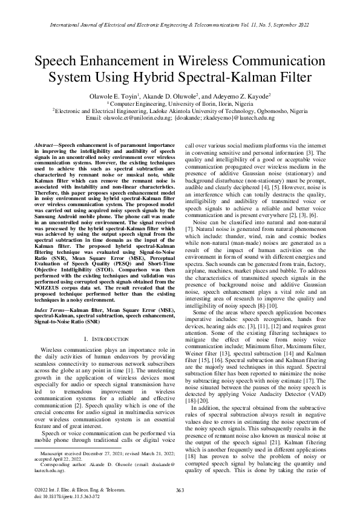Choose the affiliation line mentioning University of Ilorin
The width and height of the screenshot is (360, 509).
click(x=180, y=103)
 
